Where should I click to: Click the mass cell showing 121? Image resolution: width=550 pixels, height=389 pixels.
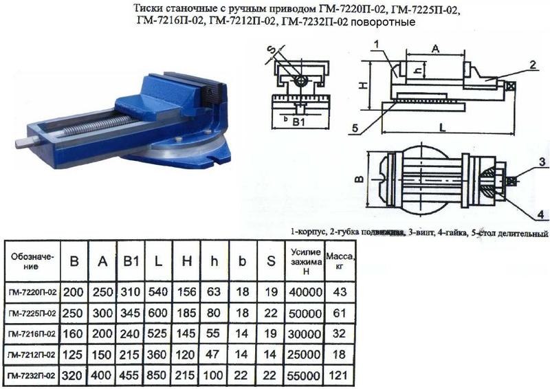[338, 376]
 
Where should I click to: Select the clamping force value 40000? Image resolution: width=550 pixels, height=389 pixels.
[305, 292]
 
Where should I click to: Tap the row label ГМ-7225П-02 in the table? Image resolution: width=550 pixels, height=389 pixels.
[32, 313]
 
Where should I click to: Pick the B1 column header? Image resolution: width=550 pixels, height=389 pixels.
[131, 261]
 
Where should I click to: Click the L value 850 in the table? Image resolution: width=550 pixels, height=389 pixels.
[158, 375]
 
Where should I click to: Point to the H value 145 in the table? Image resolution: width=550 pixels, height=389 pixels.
[186, 333]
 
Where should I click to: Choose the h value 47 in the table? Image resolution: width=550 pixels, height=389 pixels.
[212, 354]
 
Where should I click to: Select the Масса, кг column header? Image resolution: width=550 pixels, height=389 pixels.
[340, 261]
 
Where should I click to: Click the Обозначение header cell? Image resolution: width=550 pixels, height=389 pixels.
[32, 261]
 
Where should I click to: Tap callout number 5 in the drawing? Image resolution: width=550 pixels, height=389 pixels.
[355, 129]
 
